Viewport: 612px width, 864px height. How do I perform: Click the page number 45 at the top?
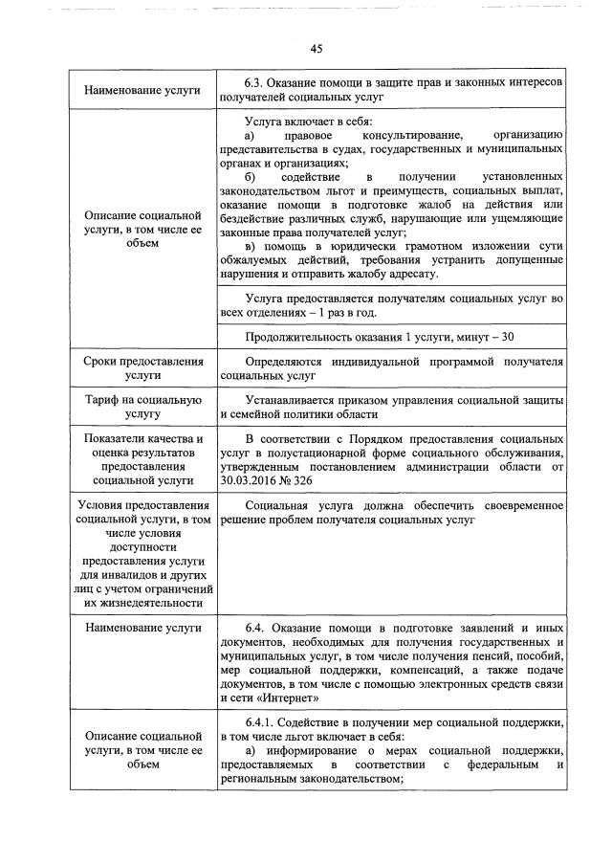317,49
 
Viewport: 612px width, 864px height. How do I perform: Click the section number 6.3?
256,82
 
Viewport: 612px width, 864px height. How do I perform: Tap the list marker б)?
251,179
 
